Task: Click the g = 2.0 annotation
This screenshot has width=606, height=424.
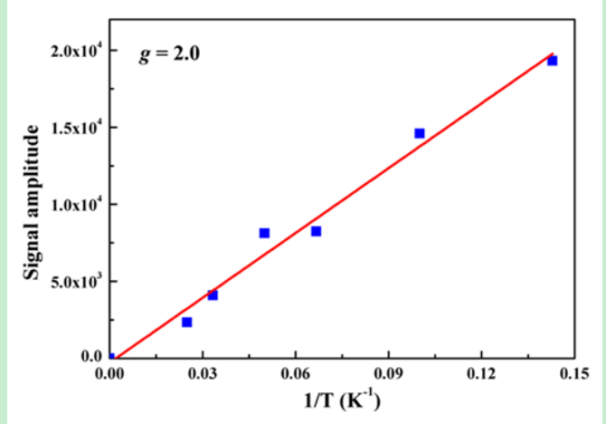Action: tap(169, 54)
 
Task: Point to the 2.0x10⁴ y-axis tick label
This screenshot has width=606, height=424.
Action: tap(75, 51)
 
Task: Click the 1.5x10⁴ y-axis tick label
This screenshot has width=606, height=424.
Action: tap(75, 128)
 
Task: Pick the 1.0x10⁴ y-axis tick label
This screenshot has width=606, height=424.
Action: tap(75, 205)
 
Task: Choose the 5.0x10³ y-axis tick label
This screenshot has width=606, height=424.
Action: tap(75, 281)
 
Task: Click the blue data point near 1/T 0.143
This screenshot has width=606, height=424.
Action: tap(552, 61)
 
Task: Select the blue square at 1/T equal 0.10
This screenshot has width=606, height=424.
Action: tap(420, 133)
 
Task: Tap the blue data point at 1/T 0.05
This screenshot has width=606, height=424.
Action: tap(264, 233)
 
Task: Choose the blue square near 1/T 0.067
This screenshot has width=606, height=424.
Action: tap(316, 231)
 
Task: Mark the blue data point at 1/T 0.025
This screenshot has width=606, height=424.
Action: tap(187, 322)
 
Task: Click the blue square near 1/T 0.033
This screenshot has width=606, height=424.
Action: tap(213, 294)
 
